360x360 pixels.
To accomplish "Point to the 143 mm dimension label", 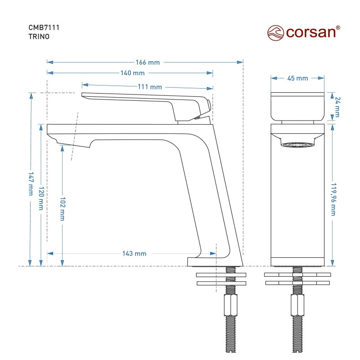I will click(134, 253).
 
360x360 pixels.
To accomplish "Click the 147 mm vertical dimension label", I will click(31, 184).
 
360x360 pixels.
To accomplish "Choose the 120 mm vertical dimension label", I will click(41, 198).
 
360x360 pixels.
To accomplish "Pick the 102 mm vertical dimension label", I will click(62, 209).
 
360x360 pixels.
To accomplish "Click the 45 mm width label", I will click(297, 78).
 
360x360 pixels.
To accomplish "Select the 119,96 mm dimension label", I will click(333, 199).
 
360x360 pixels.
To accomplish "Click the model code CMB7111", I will click(45, 28).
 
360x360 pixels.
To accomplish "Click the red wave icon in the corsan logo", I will click(276, 33).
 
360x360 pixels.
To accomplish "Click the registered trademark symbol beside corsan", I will click(338, 27).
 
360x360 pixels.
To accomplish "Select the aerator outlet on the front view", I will click(297, 145).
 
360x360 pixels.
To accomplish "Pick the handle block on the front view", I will click(297, 107).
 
